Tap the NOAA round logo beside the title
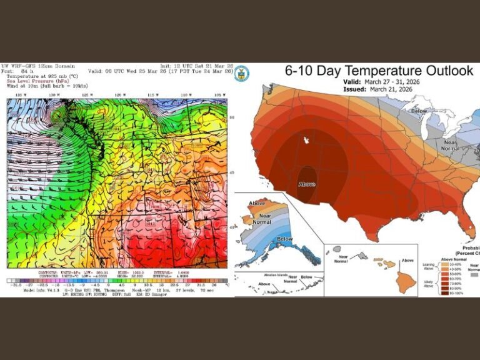point(241,73)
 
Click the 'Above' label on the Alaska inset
point(257,203)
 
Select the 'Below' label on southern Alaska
point(284,239)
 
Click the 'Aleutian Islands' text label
point(257,276)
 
